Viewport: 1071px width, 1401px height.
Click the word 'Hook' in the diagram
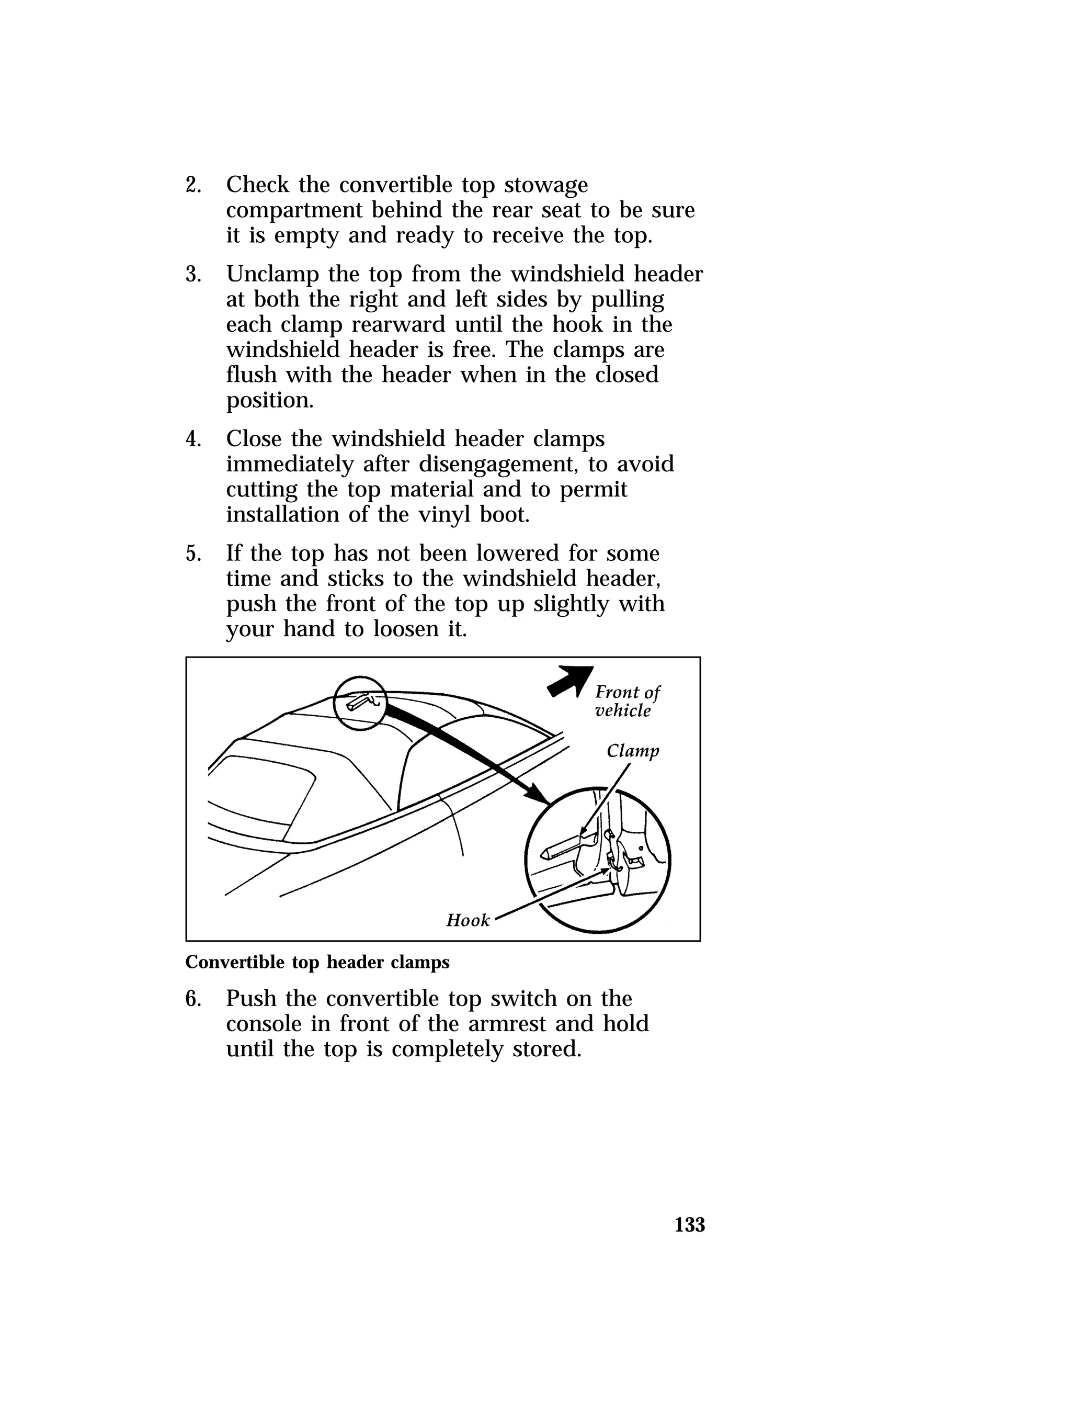pos(468,920)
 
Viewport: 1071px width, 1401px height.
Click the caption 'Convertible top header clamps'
pos(317,962)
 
